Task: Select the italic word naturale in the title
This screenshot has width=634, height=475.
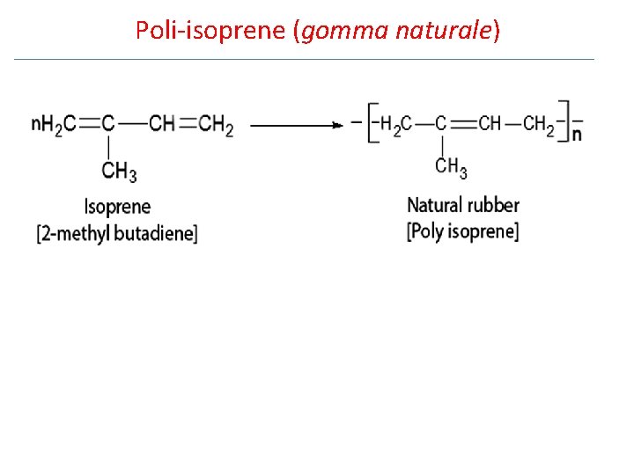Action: (444, 31)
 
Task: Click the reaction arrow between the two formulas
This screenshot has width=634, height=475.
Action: (295, 126)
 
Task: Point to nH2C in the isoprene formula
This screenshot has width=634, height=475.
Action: (52, 125)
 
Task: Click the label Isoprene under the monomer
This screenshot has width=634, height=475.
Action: (117, 208)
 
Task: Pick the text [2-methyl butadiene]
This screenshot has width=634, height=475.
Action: (117, 234)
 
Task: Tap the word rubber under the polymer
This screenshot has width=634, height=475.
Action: (492, 206)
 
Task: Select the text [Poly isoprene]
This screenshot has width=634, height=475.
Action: (462, 232)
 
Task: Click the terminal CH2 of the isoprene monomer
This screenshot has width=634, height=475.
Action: (216, 125)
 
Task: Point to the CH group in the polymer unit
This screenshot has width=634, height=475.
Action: (489, 123)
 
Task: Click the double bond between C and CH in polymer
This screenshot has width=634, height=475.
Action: (462, 123)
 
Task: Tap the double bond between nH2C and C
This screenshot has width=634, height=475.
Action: (87, 125)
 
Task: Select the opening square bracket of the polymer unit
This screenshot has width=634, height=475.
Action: (373, 123)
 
